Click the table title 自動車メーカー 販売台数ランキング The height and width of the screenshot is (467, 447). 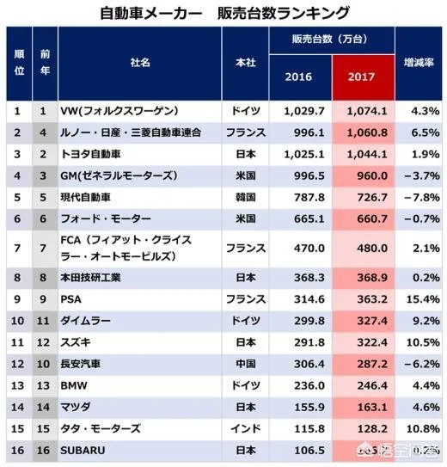pos(224,13)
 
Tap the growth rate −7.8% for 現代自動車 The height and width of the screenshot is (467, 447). pos(421,196)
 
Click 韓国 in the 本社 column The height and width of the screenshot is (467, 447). pos(246,196)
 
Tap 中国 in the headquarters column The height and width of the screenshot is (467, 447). pos(246,365)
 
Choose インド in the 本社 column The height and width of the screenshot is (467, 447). pos(246,427)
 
